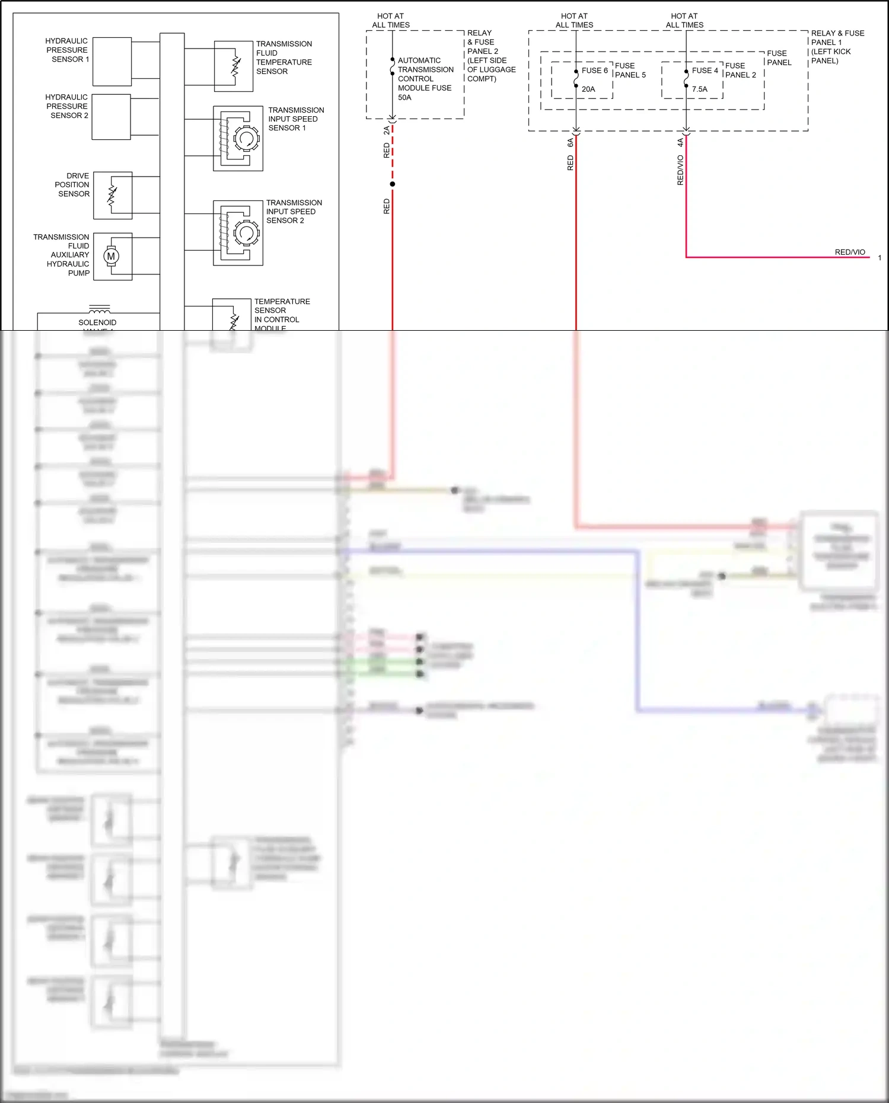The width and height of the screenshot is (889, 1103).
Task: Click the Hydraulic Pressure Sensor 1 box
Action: click(112, 62)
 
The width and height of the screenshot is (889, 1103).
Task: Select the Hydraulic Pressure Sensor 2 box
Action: click(111, 117)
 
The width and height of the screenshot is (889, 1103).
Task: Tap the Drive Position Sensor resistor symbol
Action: click(112, 195)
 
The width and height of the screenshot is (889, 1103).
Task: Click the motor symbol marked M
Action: click(111, 256)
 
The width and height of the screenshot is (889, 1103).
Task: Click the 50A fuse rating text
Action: click(404, 97)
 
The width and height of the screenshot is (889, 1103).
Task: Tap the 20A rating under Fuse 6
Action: click(588, 89)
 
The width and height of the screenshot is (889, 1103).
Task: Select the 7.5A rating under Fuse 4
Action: click(700, 89)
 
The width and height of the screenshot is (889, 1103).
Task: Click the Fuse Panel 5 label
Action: click(630, 70)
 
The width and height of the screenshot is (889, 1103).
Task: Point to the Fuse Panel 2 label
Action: click(741, 70)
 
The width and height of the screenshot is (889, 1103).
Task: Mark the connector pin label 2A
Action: click(387, 130)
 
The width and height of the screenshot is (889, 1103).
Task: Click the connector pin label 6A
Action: click(571, 142)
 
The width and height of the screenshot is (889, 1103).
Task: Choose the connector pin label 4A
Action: click(680, 142)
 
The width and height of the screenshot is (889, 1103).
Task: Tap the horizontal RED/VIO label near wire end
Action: click(850, 252)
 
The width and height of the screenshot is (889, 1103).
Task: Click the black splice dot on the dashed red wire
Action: click(392, 184)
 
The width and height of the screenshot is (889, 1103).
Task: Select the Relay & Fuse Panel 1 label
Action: click(837, 47)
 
